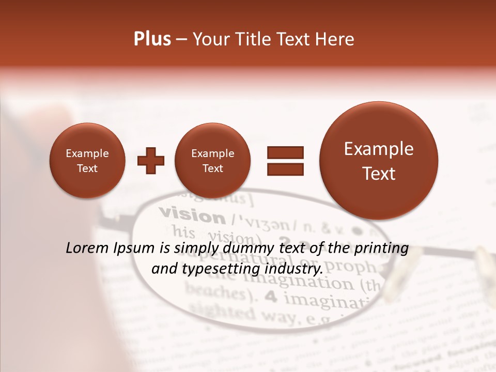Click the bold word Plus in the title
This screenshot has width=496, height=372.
pyautogui.click(x=152, y=39)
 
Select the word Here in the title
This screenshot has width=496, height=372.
pyautogui.click(x=335, y=39)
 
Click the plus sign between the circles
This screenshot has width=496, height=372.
pyautogui.click(x=151, y=161)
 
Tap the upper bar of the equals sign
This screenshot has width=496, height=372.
pyautogui.click(x=285, y=152)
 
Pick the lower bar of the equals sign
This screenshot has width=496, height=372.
pyautogui.click(x=285, y=168)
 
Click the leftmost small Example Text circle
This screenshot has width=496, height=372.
pyautogui.click(x=87, y=161)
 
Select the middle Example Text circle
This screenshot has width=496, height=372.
pyautogui.click(x=213, y=161)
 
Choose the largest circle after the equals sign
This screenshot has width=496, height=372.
pyautogui.click(x=379, y=161)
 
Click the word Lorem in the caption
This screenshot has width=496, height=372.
pyautogui.click(x=87, y=248)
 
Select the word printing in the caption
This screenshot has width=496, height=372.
pyautogui.click(x=380, y=249)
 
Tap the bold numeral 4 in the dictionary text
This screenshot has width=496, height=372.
pyautogui.click(x=270, y=297)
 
